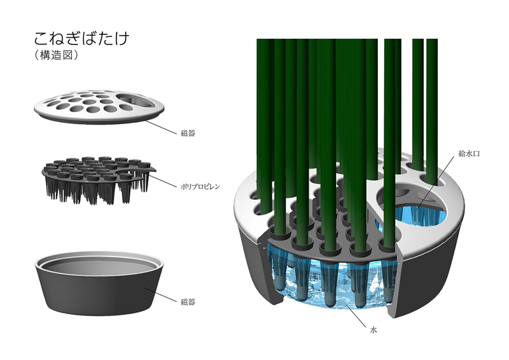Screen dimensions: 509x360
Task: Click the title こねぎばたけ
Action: pyautogui.click(x=82, y=38)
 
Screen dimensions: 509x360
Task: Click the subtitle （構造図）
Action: pyautogui.click(x=56, y=55)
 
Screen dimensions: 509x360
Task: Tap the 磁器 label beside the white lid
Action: pyautogui.click(x=188, y=133)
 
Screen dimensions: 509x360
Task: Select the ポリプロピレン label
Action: pyautogui.click(x=200, y=186)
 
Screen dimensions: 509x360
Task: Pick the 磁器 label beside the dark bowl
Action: pyautogui.click(x=188, y=302)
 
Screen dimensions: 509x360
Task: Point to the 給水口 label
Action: pyautogui.click(x=469, y=153)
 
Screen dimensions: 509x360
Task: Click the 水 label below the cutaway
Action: pyautogui.click(x=373, y=330)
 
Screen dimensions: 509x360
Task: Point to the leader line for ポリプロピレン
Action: pyautogui.click(x=164, y=180)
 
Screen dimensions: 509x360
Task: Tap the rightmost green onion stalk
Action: pyautogui.click(x=432, y=111)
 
